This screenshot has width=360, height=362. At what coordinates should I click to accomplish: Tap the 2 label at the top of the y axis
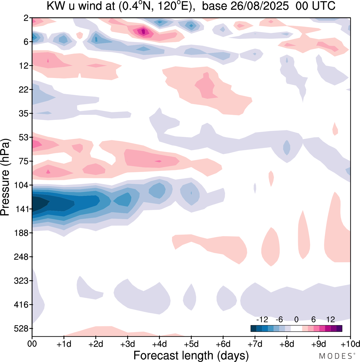pyautogui.click(x=26, y=18)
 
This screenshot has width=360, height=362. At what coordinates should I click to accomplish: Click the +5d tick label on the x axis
pyautogui.click(x=191, y=344)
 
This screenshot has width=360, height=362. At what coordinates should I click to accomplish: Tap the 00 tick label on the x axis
pyautogui.click(x=32, y=344)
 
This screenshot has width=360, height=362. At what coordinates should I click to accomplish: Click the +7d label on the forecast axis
pyautogui.click(x=255, y=344)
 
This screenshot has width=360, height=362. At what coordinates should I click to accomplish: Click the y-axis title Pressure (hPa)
pyautogui.click(x=5, y=177)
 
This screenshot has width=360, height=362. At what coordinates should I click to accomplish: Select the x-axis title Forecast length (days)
pyautogui.click(x=191, y=356)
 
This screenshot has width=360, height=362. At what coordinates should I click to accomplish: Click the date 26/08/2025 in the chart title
pyautogui.click(x=259, y=6)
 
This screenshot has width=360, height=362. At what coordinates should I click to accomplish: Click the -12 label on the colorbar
pyautogui.click(x=262, y=319)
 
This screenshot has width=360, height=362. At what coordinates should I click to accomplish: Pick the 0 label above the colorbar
pyautogui.click(x=296, y=319)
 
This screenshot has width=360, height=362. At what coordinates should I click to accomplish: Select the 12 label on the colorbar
pyautogui.click(x=330, y=319)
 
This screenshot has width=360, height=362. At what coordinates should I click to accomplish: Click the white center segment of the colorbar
pyautogui.click(x=296, y=329)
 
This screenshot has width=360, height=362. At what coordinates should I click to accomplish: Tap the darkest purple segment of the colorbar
pyautogui.click(x=339, y=329)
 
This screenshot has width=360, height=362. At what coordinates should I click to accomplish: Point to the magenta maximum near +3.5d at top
pyautogui.click(x=143, y=31)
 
